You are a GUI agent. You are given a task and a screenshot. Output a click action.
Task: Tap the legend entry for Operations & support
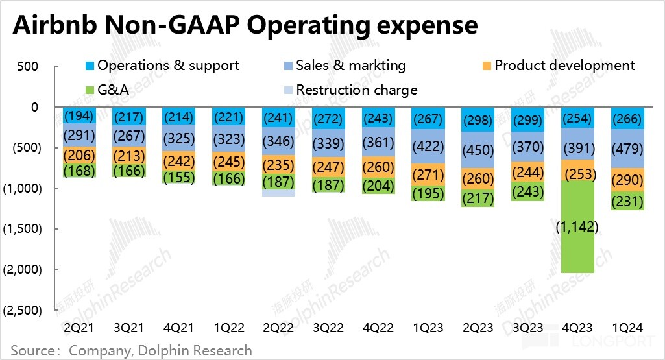pos(162,66)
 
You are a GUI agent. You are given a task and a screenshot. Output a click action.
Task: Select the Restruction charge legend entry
pos(350,90)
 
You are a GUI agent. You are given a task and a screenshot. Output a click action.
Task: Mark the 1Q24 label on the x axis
pos(627,326)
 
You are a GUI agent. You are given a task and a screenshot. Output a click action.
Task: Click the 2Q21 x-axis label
pos(79,326)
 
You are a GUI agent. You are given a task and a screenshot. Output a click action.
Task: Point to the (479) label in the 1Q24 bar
pos(627,147)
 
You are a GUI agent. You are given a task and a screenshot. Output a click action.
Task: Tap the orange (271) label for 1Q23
pos(428,175)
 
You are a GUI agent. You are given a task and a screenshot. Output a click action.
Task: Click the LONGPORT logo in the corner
pos(610,341)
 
